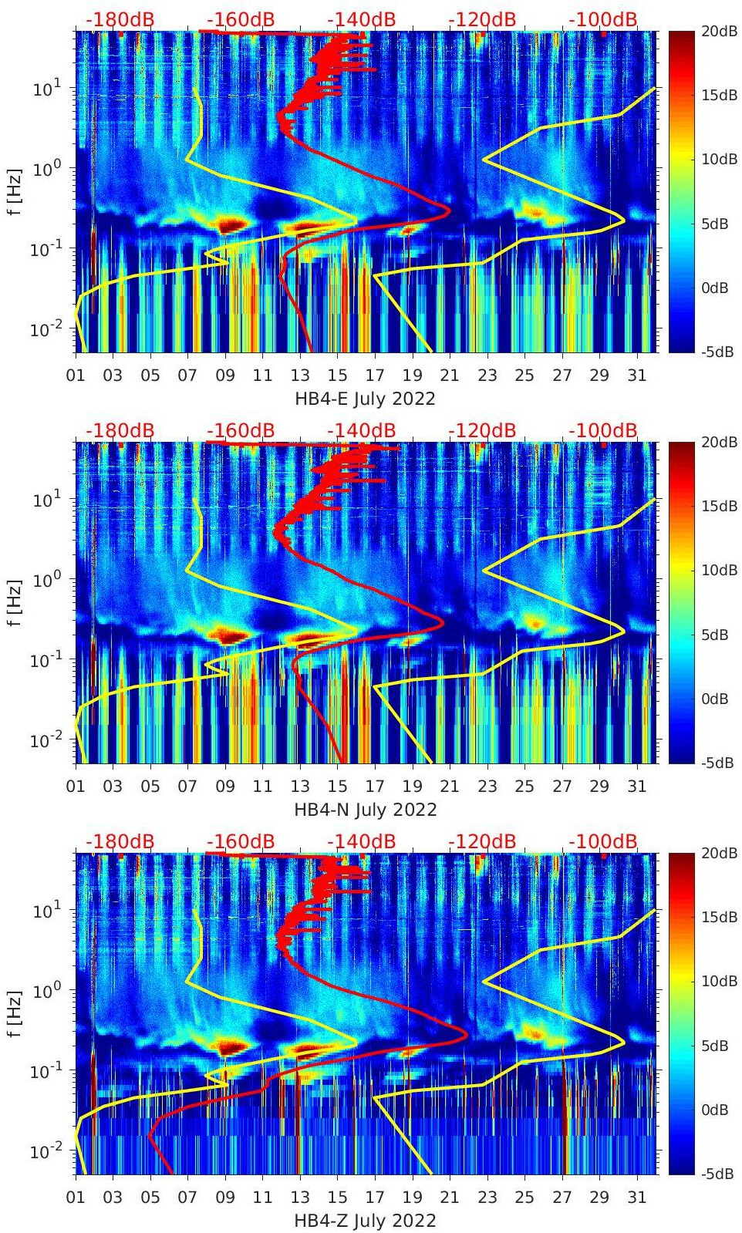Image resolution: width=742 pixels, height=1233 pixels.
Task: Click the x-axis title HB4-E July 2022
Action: pos(365,399)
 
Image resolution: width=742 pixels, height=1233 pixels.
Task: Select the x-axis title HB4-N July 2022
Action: pos(365,810)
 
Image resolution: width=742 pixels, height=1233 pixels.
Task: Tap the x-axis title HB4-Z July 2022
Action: pos(365,1221)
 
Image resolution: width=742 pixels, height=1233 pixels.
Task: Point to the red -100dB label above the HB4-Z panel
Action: pos(603,842)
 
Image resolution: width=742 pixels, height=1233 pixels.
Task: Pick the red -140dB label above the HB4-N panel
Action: pos(361,431)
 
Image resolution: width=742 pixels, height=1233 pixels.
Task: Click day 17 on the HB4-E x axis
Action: pos(375,376)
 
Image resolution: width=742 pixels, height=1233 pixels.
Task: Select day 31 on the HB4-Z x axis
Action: pos(636,1198)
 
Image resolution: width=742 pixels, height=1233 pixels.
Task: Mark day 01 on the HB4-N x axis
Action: pos(76,787)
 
